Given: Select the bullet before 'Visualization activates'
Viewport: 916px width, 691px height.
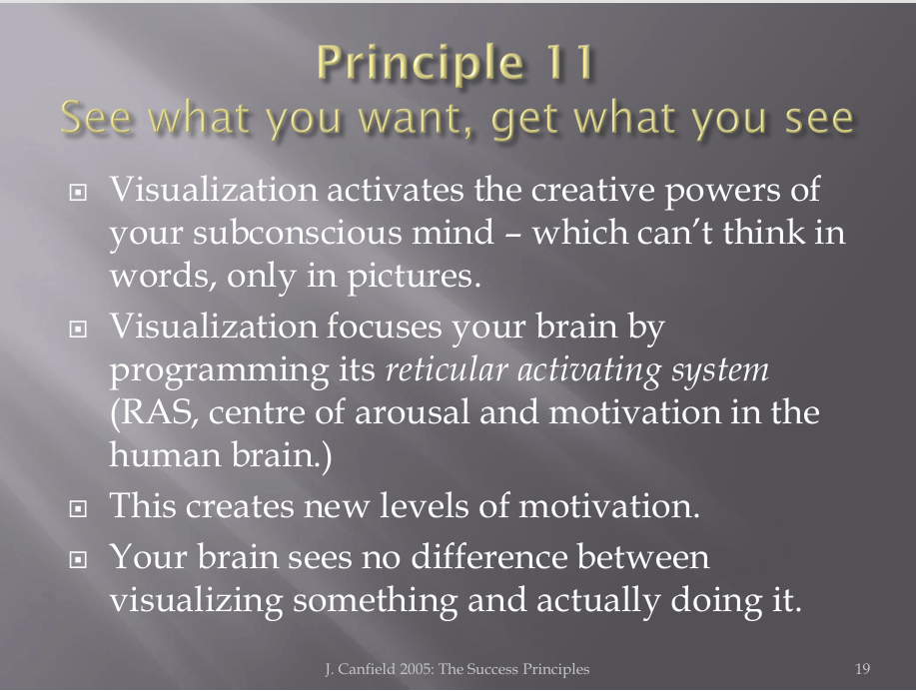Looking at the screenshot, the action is [x=78, y=192].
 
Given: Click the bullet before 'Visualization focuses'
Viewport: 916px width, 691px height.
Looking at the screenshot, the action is [x=78, y=329].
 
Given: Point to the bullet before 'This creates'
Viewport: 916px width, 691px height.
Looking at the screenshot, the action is [x=78, y=508].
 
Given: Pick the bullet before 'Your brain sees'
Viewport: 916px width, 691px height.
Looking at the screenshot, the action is [x=78, y=559].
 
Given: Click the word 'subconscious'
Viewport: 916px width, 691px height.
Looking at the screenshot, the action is [x=298, y=233].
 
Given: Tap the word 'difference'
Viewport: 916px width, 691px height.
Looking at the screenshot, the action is [x=488, y=556].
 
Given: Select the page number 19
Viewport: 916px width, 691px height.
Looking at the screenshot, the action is [x=862, y=669].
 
